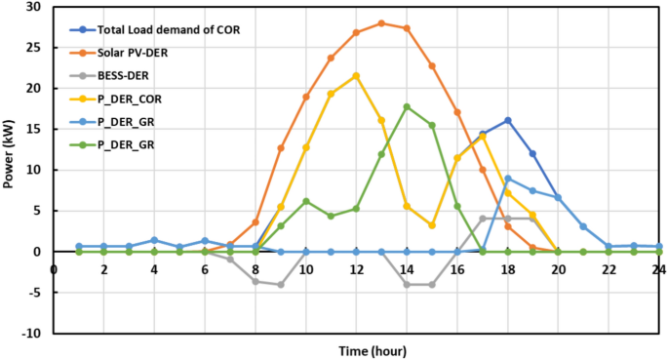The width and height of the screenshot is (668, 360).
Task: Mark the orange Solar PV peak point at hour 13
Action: pyautogui.click(x=381, y=23)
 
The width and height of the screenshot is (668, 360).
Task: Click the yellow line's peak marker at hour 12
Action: pyautogui.click(x=356, y=76)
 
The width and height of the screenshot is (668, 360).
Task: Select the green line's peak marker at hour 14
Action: pyautogui.click(x=407, y=106)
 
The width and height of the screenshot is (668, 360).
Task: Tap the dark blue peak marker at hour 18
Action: pyautogui.click(x=507, y=120)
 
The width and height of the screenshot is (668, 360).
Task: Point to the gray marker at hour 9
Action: pyautogui.click(x=280, y=284)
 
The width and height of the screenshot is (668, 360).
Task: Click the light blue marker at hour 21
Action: pyautogui.click(x=583, y=226)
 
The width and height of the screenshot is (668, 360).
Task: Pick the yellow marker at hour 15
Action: pyautogui.click(x=432, y=225)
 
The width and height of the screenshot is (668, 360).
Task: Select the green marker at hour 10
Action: pyautogui.click(x=305, y=201)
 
